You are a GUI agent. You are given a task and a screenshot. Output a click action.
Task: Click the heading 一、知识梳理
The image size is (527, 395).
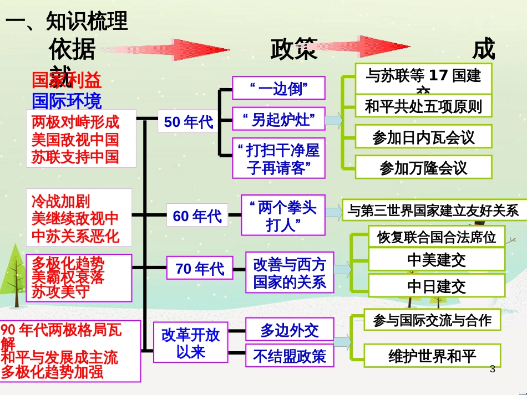[67, 21]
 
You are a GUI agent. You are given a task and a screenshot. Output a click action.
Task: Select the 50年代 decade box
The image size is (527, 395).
[188, 122]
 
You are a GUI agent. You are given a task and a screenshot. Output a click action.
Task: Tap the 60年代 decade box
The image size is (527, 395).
[197, 216]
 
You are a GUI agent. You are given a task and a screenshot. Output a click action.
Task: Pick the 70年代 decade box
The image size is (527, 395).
[200, 269]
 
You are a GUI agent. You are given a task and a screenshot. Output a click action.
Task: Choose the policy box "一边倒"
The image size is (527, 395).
[278, 88]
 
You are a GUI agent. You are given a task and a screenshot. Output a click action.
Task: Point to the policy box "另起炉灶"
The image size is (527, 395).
[278, 119]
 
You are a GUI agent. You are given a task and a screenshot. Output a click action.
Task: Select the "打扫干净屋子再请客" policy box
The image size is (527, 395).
[278, 158]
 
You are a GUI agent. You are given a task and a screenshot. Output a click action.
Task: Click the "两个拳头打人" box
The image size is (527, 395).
[283, 215]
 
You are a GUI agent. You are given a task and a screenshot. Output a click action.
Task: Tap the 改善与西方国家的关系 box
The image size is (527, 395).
[290, 272]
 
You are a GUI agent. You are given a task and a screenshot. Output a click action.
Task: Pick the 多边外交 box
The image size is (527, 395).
[290, 330]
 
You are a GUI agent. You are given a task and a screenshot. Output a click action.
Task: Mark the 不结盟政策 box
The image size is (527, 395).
[290, 356]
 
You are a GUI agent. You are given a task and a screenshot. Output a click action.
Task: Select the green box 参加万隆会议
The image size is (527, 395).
[423, 167]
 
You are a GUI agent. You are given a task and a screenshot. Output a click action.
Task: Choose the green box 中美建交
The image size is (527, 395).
[437, 259]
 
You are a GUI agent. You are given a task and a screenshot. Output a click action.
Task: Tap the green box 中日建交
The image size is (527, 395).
[437, 286]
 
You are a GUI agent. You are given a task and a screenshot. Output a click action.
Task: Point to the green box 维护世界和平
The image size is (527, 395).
[432, 356]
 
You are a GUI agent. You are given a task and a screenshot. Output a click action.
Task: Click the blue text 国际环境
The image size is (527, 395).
[67, 101]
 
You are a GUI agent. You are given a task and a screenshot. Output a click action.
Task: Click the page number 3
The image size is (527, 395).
[492, 368]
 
